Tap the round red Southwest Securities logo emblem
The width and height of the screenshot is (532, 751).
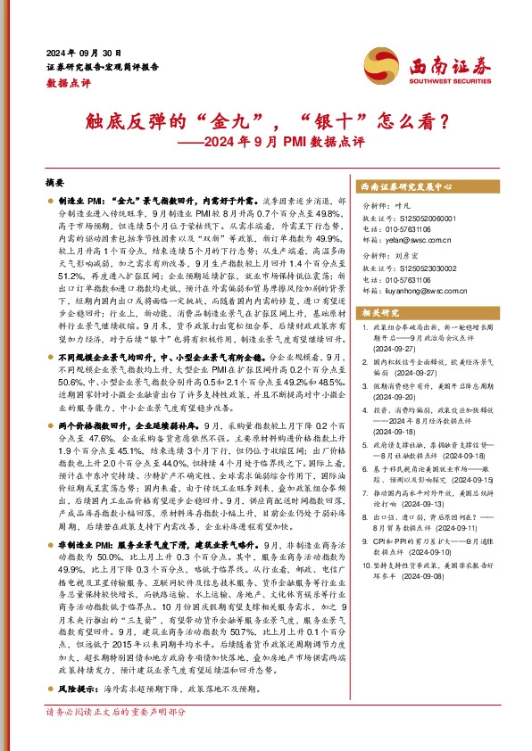coord(380,64)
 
